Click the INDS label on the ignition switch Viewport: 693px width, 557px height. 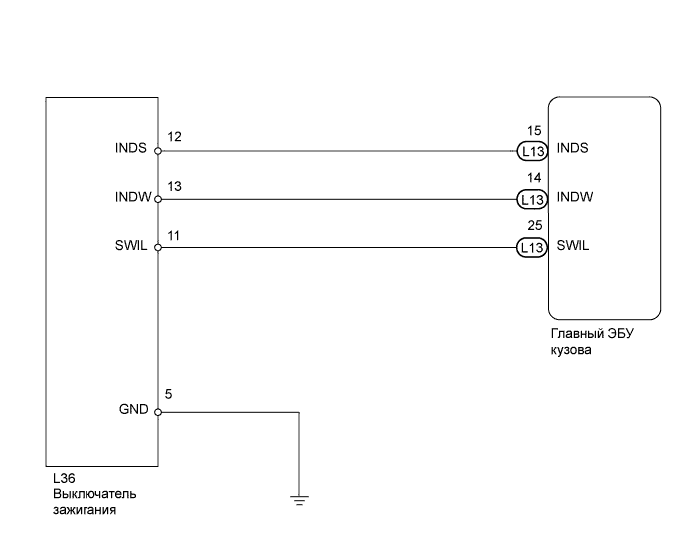130,149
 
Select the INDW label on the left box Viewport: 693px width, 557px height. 132,197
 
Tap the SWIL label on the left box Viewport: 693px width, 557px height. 131,246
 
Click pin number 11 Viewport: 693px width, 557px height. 173,234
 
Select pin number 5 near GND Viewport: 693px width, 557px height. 169,395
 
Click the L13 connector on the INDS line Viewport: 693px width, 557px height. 532,152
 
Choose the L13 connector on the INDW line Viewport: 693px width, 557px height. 532,199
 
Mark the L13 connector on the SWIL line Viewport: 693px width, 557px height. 532,247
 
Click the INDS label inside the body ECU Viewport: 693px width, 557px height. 573,150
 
